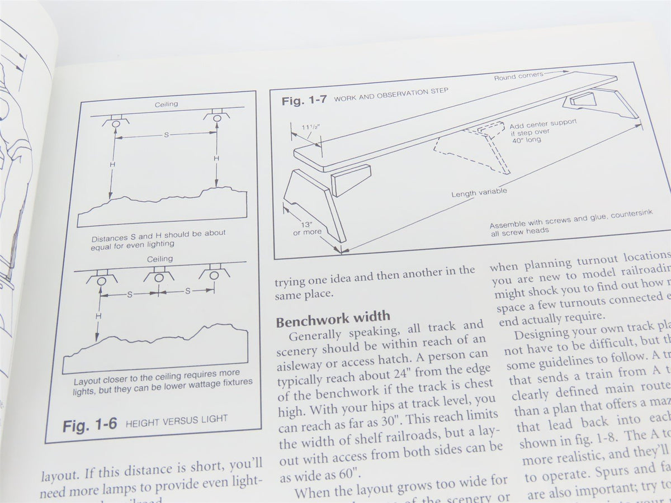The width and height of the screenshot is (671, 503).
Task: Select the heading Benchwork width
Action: [333, 321]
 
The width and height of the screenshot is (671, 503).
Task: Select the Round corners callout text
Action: [514, 78]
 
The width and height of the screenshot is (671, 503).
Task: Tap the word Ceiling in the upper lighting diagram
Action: [166, 104]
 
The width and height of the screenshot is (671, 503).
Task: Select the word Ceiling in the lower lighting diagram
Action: [159, 259]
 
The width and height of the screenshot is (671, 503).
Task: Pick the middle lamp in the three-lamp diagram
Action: [159, 278]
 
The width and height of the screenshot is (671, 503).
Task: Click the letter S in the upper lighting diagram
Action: [167, 135]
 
